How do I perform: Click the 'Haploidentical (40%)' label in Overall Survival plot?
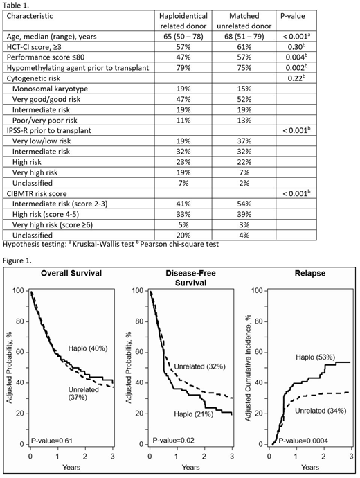point(86,348)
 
